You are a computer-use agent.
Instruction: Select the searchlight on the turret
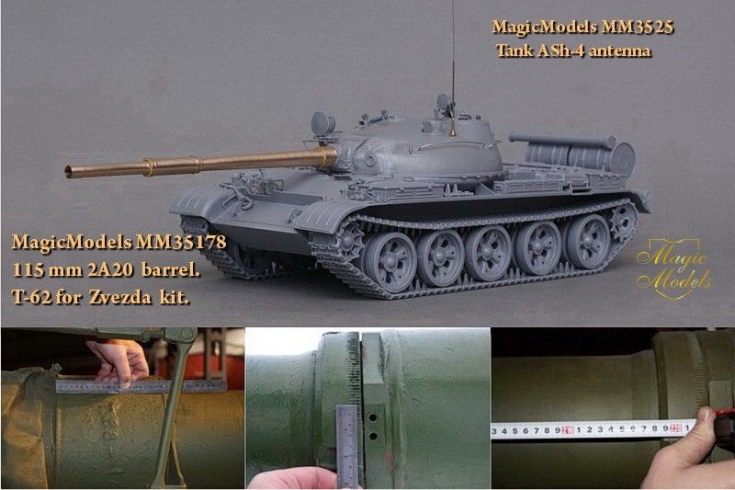(x=323, y=121)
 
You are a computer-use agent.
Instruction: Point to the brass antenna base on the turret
(x=452, y=128)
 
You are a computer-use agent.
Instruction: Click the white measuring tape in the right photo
(x=588, y=430)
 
